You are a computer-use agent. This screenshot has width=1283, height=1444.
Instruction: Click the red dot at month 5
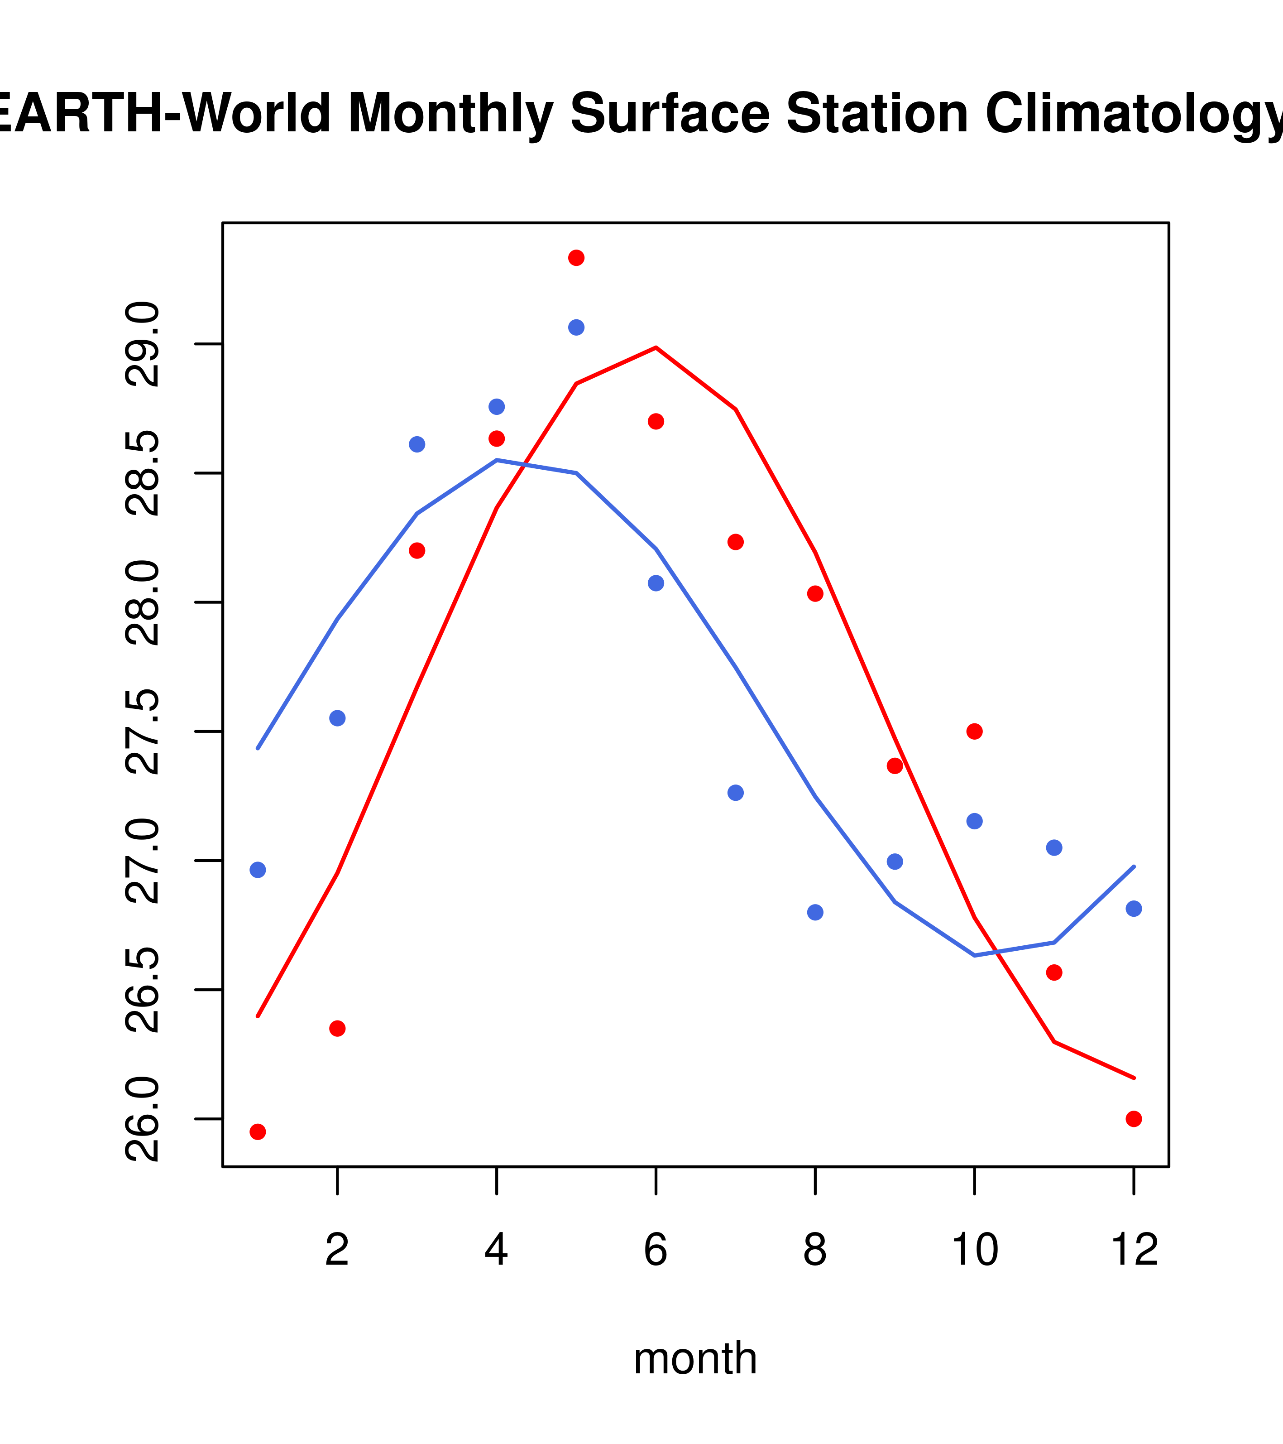pos(576,258)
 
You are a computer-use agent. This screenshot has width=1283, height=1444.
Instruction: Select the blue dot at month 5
pos(576,327)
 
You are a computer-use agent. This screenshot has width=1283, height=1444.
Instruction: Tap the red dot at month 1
pos(258,1132)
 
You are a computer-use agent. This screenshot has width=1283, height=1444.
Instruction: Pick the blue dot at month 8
pos(815,912)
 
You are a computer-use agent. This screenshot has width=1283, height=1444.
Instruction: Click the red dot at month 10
pos(974,731)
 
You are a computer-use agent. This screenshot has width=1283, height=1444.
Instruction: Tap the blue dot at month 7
pos(735,793)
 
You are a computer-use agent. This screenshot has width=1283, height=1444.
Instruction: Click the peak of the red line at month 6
pos(656,347)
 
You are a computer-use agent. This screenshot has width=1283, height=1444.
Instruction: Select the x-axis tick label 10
pos(974,1250)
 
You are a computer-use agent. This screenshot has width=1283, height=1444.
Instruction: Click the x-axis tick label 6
pos(656,1250)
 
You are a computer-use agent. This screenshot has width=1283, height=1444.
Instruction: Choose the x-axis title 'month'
pos(695,1358)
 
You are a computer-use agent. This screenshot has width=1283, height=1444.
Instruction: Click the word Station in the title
pos(877,113)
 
